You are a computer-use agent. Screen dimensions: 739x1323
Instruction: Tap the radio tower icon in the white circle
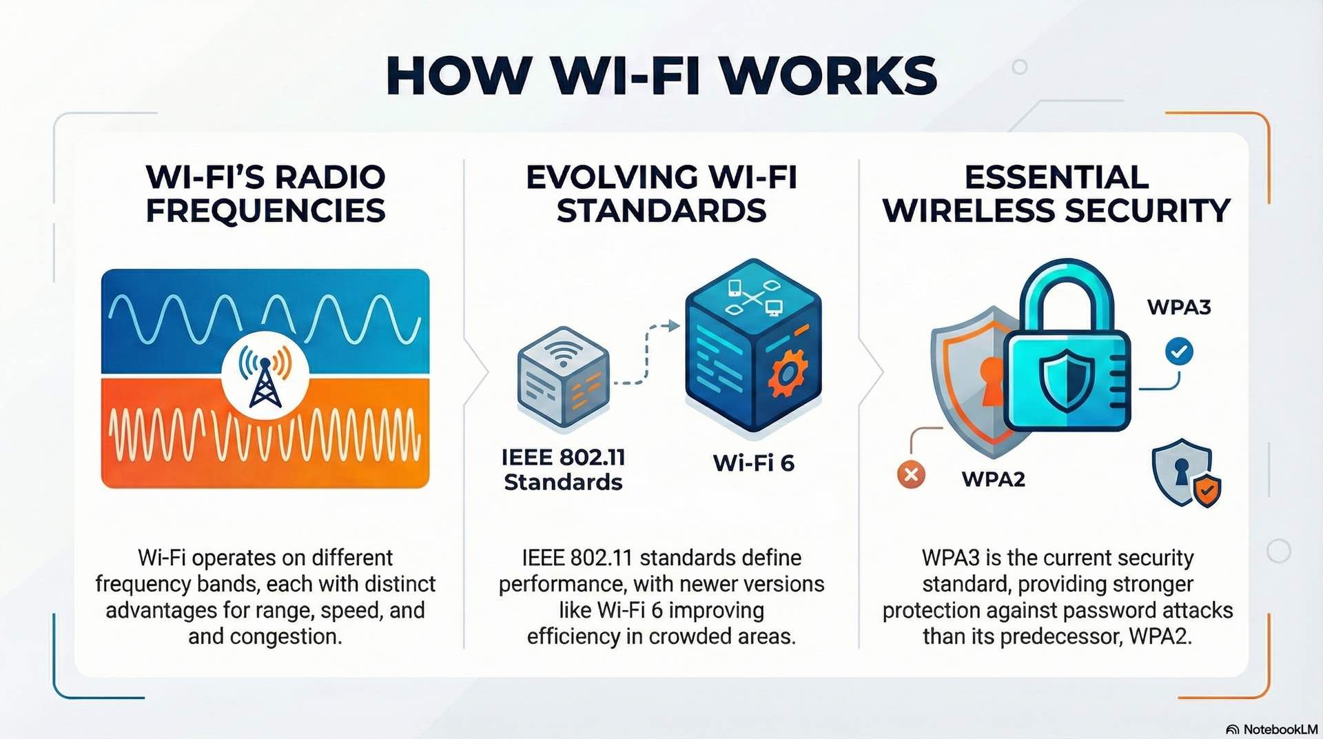(265, 378)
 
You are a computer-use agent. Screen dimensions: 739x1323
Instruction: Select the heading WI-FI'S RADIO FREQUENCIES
(265, 194)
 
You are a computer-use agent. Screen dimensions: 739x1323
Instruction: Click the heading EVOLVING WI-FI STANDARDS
(661, 194)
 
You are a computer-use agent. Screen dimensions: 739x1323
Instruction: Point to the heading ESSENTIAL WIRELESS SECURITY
(1056, 194)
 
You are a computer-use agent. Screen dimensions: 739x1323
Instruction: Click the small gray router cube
(563, 376)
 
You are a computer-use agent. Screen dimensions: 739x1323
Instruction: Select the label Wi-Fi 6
(753, 463)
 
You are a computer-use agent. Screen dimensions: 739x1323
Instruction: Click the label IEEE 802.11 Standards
(563, 469)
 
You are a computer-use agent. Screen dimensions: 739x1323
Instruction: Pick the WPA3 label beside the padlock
(1178, 307)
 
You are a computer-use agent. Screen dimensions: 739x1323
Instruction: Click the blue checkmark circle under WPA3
(1179, 352)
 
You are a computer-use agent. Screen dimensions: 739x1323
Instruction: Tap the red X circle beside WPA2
(911, 474)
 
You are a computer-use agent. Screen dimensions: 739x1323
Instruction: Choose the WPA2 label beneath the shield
(993, 478)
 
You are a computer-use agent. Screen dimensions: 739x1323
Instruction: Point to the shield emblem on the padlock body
(1066, 378)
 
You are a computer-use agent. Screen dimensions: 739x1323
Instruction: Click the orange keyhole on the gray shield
(991, 379)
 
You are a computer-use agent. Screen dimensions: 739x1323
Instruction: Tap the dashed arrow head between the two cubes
(673, 326)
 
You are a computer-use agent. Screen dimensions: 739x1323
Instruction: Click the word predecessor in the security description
(1060, 636)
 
